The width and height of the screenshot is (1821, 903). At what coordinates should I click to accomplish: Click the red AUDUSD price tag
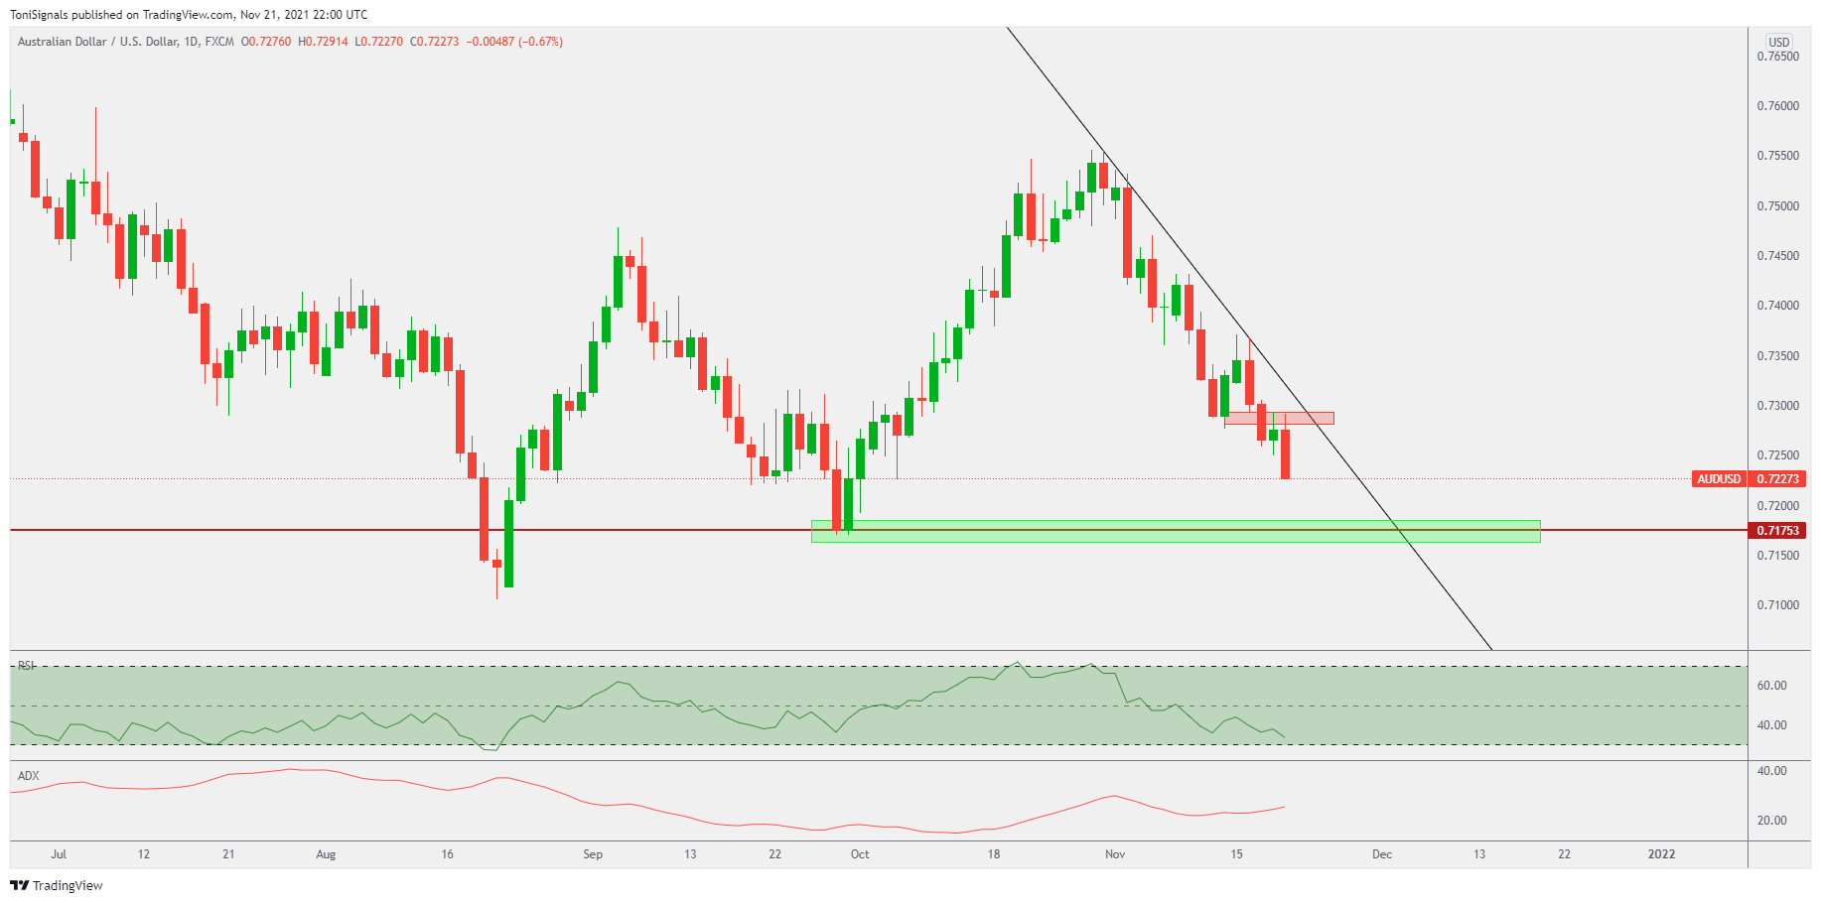pyautogui.click(x=1719, y=479)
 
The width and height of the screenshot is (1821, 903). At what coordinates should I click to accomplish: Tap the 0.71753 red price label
pyautogui.click(x=1777, y=531)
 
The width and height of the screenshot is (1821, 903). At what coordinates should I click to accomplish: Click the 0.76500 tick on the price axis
pyautogui.click(x=1777, y=57)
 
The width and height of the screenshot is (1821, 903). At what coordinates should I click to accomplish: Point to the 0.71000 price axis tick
pyautogui.click(x=1777, y=605)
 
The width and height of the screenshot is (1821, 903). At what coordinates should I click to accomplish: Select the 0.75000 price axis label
pyautogui.click(x=1777, y=206)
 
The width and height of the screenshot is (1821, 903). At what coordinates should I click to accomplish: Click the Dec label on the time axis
pyautogui.click(x=1382, y=854)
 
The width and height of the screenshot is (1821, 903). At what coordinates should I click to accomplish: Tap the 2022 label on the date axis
pyautogui.click(x=1661, y=854)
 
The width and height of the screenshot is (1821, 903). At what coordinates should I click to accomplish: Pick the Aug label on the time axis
pyautogui.click(x=326, y=854)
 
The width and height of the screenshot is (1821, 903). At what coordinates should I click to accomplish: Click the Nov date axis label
pyautogui.click(x=1115, y=854)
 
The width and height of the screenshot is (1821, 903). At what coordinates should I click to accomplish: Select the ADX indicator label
pyautogui.click(x=29, y=776)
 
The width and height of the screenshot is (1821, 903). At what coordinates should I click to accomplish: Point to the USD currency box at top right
pyautogui.click(x=1778, y=42)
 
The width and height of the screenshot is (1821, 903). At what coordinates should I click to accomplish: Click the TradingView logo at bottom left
pyautogui.click(x=57, y=885)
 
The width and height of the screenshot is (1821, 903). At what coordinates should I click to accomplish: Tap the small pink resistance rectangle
pyautogui.click(x=1279, y=419)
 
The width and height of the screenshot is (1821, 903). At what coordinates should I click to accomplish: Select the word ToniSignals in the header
pyautogui.click(x=39, y=15)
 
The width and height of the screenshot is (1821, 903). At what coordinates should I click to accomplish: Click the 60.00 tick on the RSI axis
pyautogui.click(x=1771, y=686)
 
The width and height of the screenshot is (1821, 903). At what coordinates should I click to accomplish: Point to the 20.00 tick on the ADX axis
pyautogui.click(x=1771, y=821)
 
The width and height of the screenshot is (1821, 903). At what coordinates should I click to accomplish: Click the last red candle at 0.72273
pyautogui.click(x=1286, y=454)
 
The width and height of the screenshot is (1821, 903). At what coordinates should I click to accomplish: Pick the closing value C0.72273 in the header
pyautogui.click(x=434, y=42)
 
